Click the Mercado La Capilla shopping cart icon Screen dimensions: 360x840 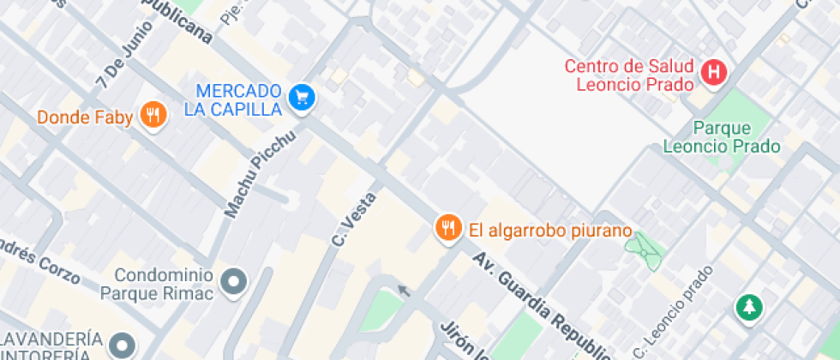pyautogui.click(x=301, y=98)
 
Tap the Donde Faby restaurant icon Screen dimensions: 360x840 pyautogui.click(x=153, y=115)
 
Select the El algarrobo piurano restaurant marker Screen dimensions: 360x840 pyautogui.click(x=447, y=228)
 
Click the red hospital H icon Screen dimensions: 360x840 pyautogui.click(x=713, y=73)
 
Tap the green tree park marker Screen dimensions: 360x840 pyautogui.click(x=749, y=307)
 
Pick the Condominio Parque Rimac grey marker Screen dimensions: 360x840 pyautogui.click(x=233, y=281)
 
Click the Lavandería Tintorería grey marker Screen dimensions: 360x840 pyautogui.click(x=123, y=345)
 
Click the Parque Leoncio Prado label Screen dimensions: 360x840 pyautogui.click(x=722, y=137)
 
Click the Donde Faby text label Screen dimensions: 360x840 pyautogui.click(x=85, y=117)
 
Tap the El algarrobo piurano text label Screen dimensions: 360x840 pyautogui.click(x=549, y=231)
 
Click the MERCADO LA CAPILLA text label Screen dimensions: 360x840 pyautogui.click(x=232, y=99)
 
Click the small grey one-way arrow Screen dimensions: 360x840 pyautogui.click(x=404, y=291)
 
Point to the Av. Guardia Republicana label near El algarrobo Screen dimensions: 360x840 pyautogui.click(x=540, y=300)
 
